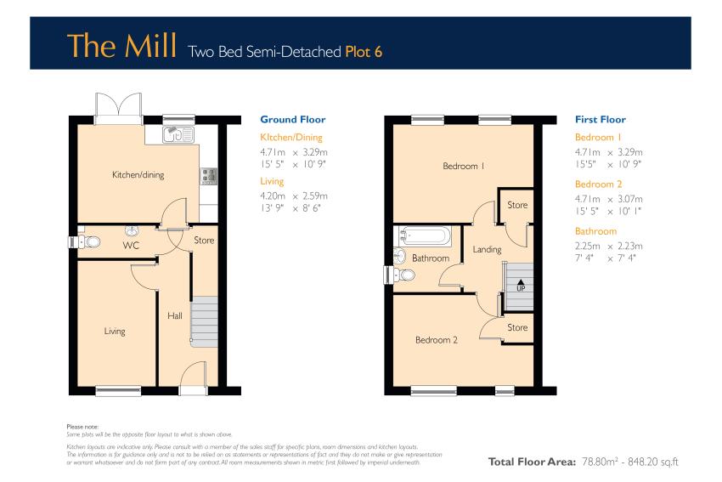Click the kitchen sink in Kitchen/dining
[x=178, y=134]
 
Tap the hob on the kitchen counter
[x=209, y=176]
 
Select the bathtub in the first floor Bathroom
[x=425, y=235]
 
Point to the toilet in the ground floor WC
[x=87, y=241]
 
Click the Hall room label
[x=174, y=315]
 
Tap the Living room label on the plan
[x=115, y=332]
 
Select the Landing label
[x=487, y=249]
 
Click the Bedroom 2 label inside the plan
[x=436, y=340]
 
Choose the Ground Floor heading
[x=293, y=119]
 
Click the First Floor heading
[x=601, y=119]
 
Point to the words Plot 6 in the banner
[x=364, y=52]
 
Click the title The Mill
[x=122, y=46]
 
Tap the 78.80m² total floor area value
[x=599, y=462]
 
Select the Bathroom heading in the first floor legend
[x=595, y=231]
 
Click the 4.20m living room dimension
[x=273, y=196]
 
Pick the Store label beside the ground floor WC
[x=204, y=240]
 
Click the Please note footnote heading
[x=82, y=427]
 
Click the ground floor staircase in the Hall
[x=205, y=321]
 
